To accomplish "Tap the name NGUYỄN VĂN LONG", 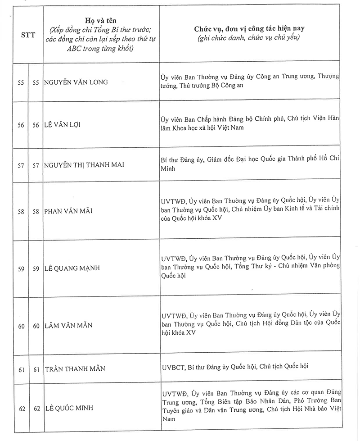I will point(77,82).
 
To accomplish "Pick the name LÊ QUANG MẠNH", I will point(72,268).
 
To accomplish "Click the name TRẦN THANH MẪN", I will point(75,368).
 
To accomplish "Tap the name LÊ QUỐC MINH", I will point(69,408).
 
